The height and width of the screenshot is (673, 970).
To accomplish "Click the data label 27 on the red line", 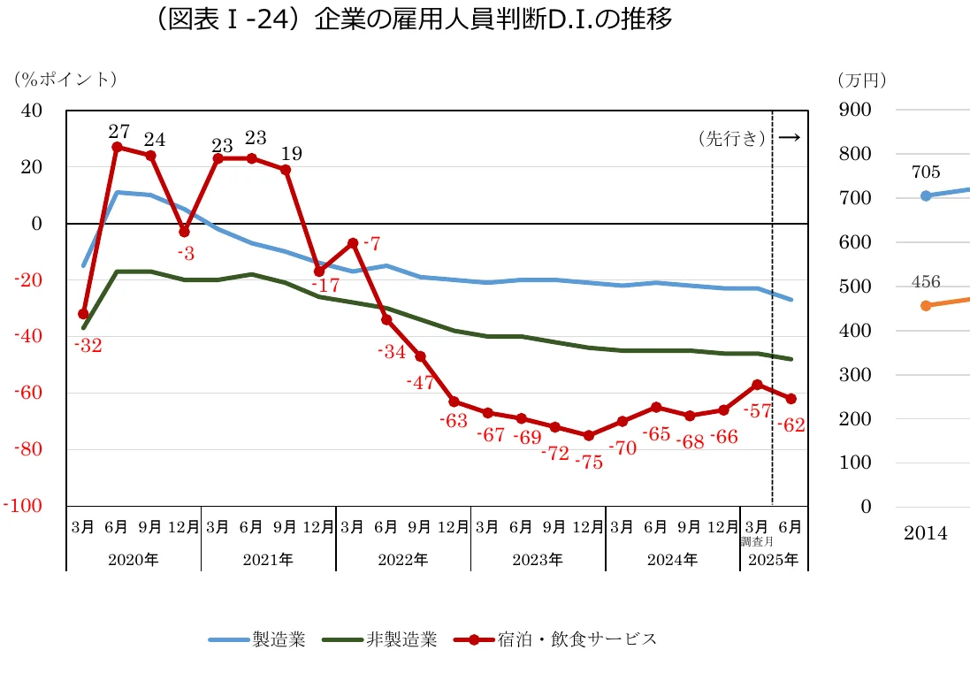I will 118,132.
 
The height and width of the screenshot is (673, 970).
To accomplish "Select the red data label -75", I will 588,462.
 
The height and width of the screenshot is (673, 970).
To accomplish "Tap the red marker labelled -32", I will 83,314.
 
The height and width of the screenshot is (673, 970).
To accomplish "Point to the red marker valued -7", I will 353,243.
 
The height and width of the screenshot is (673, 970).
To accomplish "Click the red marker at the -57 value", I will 757,385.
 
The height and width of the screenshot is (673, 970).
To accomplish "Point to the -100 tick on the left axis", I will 23,506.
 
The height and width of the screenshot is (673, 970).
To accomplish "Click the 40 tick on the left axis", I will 31,111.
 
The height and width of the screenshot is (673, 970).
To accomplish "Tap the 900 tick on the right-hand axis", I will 855,111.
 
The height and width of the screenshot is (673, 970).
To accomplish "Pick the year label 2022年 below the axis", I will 403,560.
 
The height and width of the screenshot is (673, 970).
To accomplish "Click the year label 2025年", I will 774,560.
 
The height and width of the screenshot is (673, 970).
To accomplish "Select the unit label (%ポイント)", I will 65,79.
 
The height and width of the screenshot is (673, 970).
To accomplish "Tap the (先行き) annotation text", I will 731,138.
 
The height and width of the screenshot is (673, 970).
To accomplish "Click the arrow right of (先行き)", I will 790,137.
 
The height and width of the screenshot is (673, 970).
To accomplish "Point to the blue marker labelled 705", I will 926,195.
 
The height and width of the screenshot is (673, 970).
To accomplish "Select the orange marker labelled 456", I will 926,305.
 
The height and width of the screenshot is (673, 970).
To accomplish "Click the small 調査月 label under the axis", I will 757,539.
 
